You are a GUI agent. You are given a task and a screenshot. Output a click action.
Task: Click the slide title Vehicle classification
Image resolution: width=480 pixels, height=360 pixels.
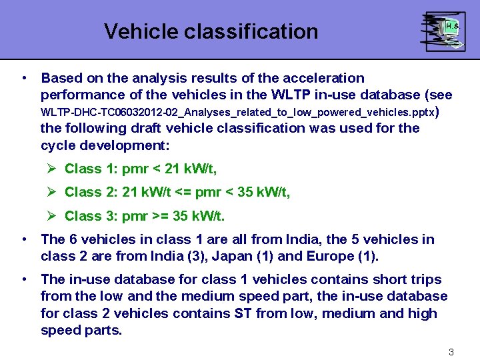211,31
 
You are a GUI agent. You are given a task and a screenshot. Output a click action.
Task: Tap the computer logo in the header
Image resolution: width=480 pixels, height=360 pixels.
442,31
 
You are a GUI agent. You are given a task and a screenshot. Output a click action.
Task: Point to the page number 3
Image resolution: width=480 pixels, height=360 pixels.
451,351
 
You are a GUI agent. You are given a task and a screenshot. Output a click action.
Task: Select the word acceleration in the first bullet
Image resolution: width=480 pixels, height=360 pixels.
325,78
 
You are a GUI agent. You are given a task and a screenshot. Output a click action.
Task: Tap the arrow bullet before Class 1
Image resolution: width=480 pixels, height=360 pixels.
52,169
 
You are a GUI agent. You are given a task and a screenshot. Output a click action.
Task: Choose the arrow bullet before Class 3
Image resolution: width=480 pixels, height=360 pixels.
52,216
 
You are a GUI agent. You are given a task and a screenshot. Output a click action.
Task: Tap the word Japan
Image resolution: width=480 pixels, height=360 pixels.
213,257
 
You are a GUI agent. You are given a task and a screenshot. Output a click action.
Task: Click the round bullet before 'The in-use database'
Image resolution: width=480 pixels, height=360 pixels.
24,279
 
